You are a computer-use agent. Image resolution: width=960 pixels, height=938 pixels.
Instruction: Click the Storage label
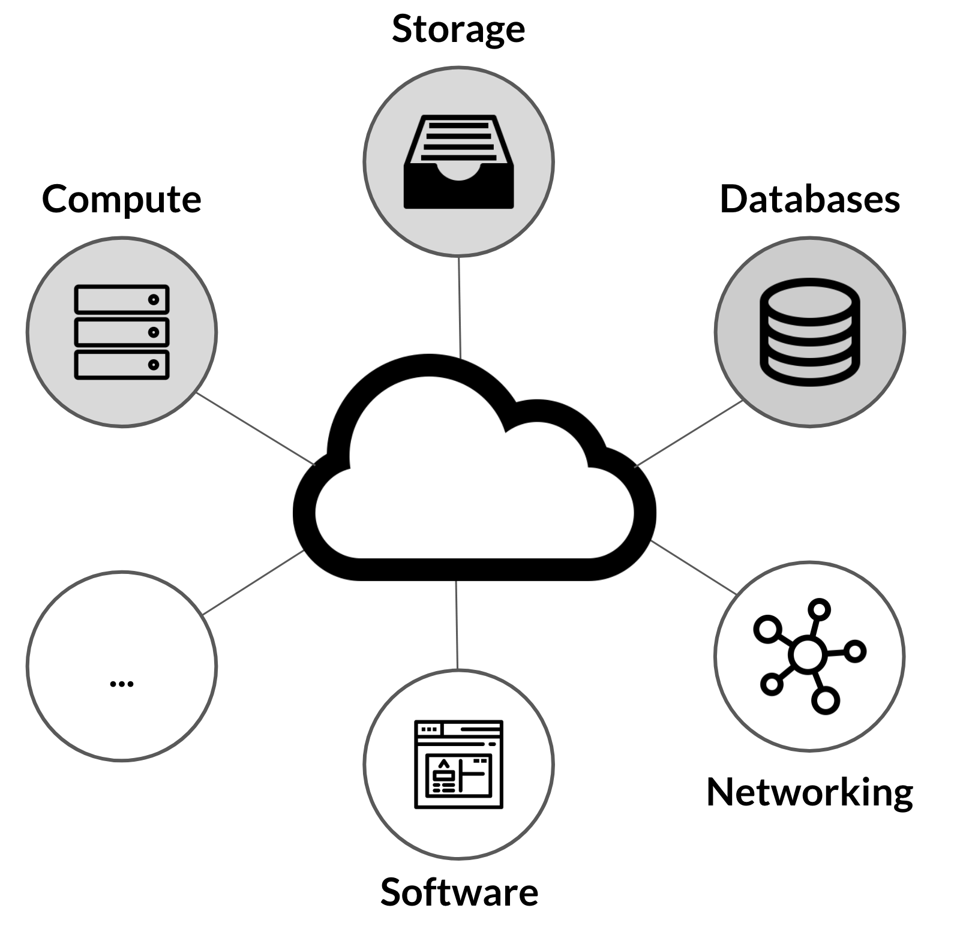click(458, 29)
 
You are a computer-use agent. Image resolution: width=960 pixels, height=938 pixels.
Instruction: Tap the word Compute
click(122, 199)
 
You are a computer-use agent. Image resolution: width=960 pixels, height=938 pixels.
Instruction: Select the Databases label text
click(809, 199)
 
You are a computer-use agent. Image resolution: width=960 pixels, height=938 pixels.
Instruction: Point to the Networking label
click(809, 792)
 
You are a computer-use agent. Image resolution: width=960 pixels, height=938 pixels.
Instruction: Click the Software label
click(459, 892)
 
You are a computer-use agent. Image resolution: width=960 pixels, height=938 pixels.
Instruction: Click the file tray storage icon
click(458, 162)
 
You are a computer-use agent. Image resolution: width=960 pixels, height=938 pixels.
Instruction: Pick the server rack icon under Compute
click(122, 332)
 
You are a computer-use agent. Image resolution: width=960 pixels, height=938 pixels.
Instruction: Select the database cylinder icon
click(809, 332)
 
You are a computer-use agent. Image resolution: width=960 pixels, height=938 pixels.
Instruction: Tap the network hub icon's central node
click(808, 654)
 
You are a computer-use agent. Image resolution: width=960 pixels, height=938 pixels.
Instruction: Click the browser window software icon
click(458, 765)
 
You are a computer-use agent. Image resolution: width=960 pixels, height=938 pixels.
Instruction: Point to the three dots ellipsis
click(122, 683)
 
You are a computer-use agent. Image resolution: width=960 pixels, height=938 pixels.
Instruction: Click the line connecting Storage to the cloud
click(460, 307)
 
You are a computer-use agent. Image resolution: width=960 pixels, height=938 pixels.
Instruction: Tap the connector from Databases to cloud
click(689, 433)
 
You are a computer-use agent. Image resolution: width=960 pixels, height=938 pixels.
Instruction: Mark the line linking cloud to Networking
click(694, 567)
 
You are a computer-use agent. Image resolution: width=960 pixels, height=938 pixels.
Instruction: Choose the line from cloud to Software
click(457, 624)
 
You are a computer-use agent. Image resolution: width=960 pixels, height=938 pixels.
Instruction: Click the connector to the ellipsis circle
click(253, 582)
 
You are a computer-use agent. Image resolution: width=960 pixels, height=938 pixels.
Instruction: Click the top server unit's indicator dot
click(154, 299)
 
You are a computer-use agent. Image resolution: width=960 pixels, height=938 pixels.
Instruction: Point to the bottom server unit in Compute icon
click(122, 365)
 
